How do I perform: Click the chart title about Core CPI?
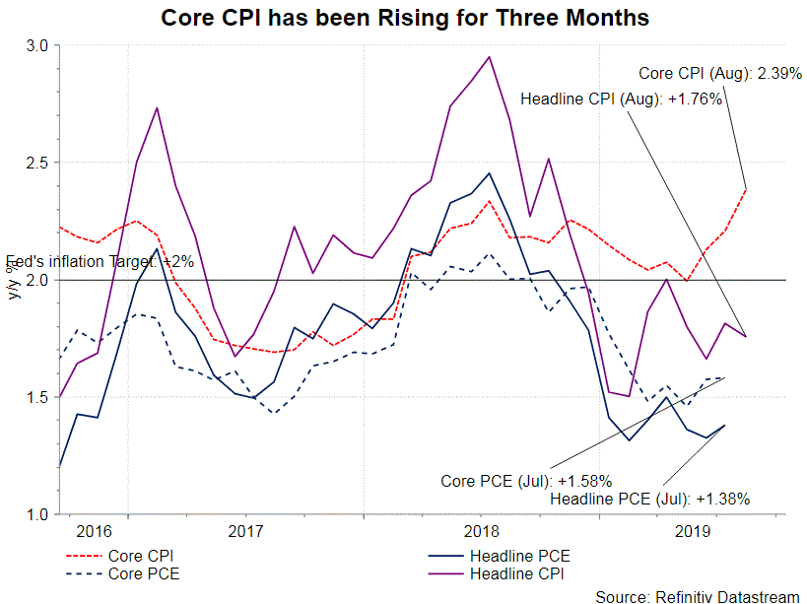tap(405, 18)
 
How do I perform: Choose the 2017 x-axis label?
tap(245, 531)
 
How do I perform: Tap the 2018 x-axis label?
tap(481, 531)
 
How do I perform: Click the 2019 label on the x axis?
tap(695, 531)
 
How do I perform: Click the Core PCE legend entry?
tap(142, 572)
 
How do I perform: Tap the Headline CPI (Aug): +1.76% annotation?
tap(622, 100)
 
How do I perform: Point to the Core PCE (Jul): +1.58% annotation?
tap(526, 481)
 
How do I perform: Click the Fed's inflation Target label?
tap(101, 262)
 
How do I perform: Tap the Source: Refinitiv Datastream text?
tap(698, 595)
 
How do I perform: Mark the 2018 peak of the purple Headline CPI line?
tap(490, 56)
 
